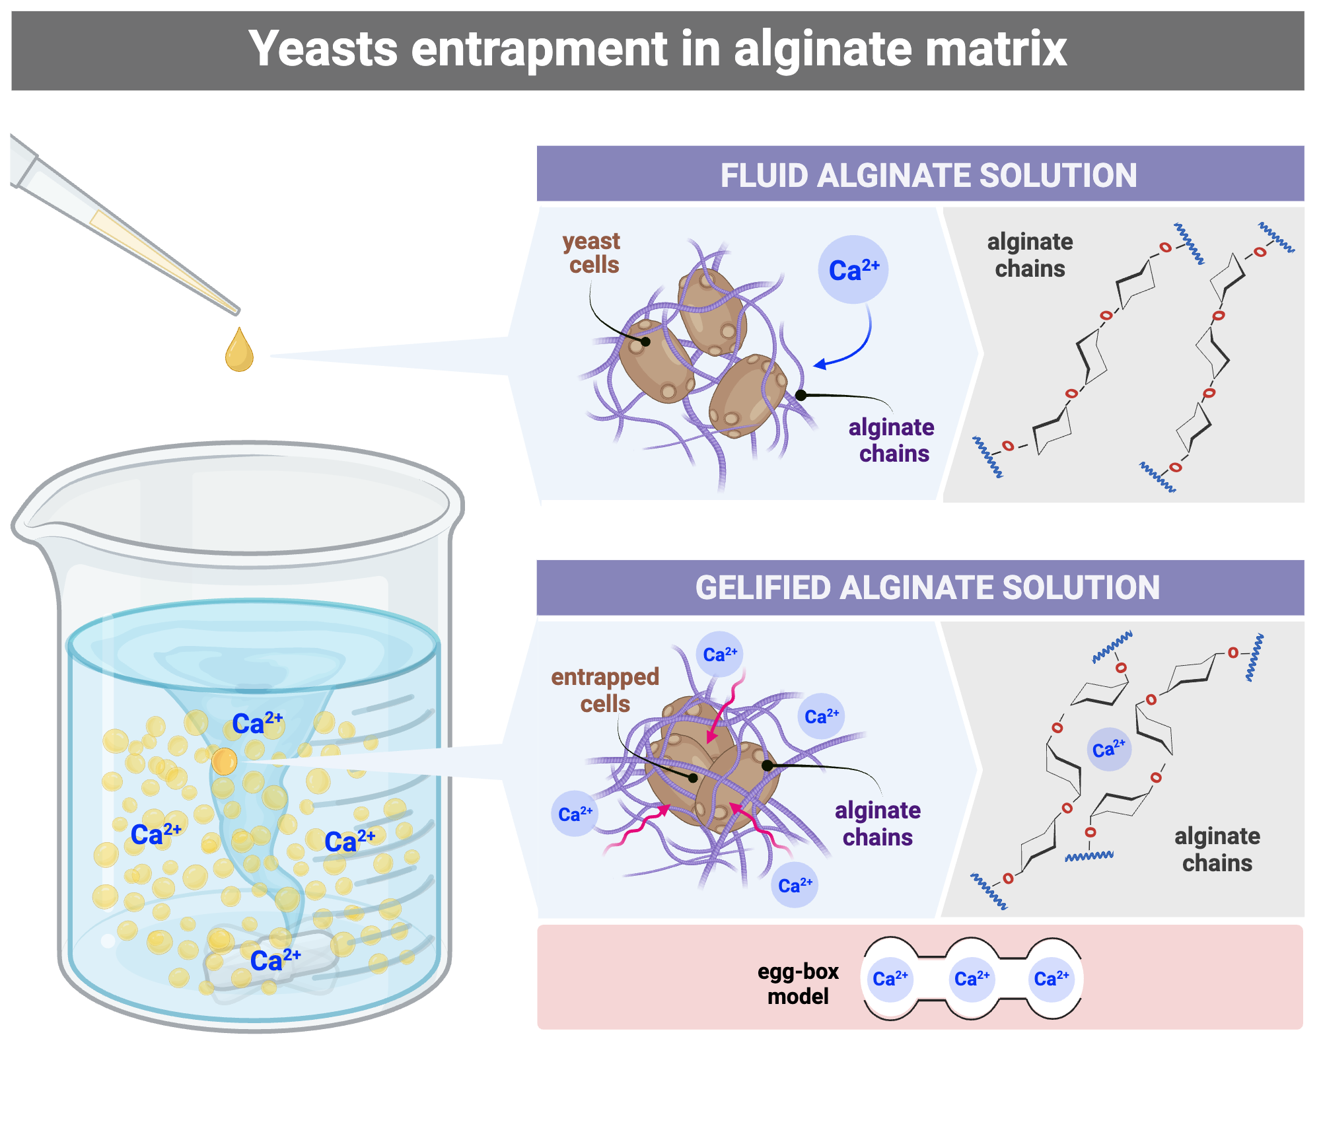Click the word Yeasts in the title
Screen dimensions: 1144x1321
(x=323, y=50)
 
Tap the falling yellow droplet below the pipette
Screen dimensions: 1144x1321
(x=239, y=351)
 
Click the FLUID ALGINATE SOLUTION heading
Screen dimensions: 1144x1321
(x=928, y=176)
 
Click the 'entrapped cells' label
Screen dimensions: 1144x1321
(x=605, y=690)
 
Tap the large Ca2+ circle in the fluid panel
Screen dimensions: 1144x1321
(x=853, y=270)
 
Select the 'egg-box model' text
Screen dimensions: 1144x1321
(x=798, y=983)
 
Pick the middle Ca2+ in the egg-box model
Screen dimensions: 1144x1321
(x=972, y=979)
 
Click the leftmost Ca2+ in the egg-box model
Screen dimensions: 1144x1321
(x=890, y=979)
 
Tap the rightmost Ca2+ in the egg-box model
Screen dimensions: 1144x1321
(x=1052, y=979)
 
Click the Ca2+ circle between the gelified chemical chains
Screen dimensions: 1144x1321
(x=1109, y=750)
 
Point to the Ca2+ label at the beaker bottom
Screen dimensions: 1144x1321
(x=275, y=960)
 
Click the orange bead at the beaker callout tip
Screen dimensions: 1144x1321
(x=224, y=762)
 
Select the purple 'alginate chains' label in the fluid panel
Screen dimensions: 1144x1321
(x=892, y=441)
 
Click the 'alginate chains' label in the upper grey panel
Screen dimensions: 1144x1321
(x=1030, y=256)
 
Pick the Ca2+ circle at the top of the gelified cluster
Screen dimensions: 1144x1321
(x=719, y=655)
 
